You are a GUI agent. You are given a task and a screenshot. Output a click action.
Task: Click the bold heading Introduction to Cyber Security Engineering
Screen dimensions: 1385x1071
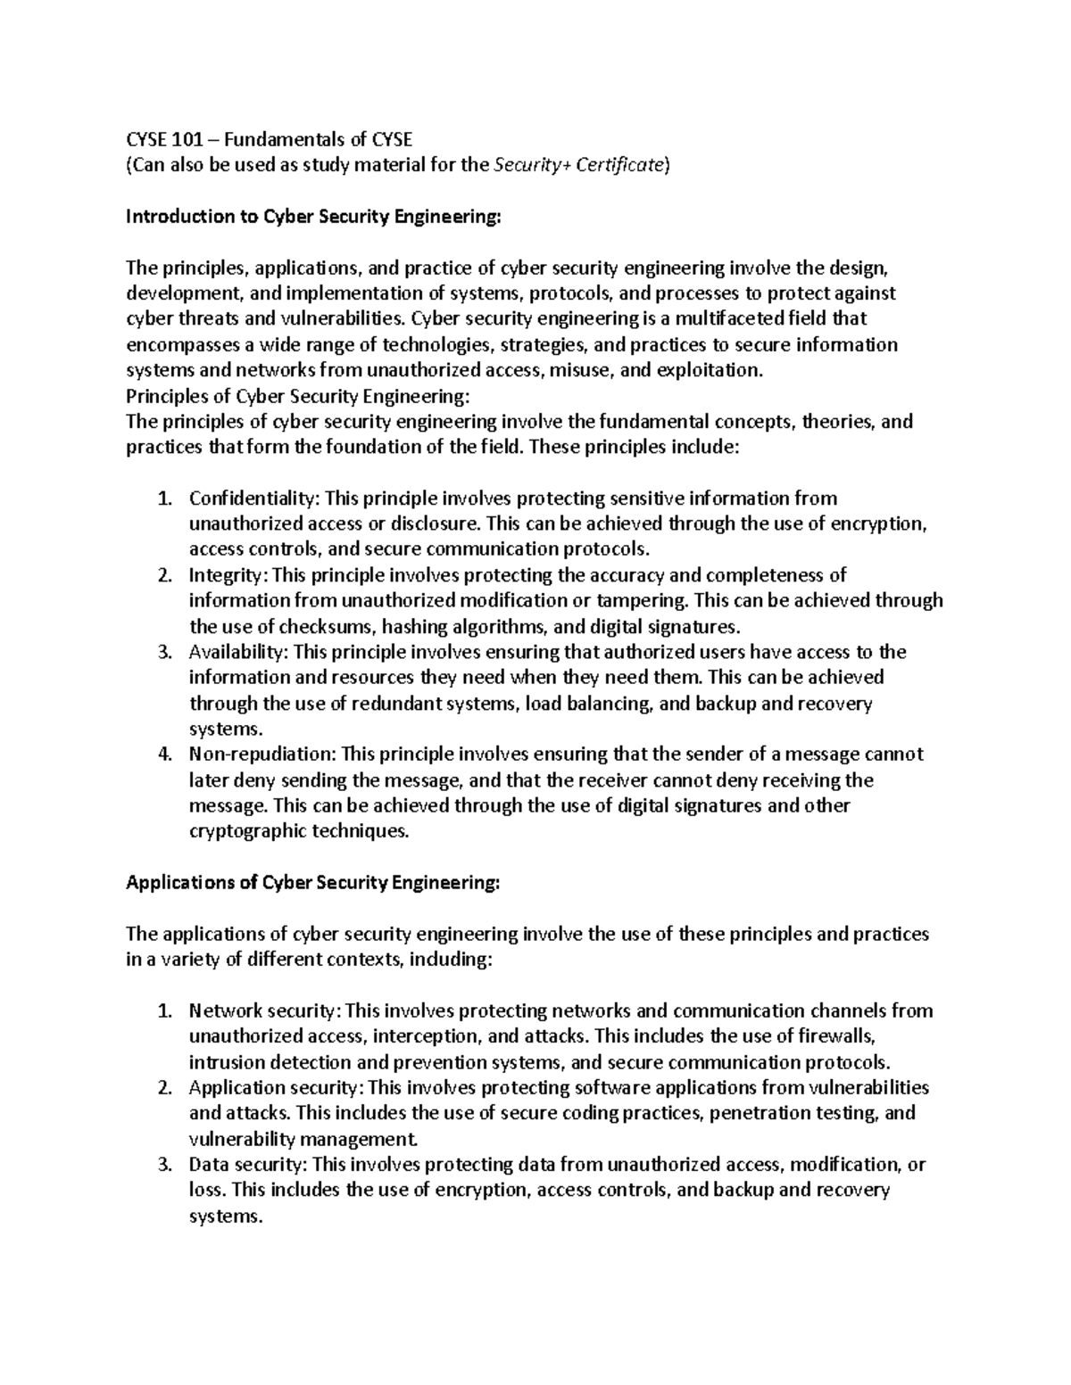[314, 216]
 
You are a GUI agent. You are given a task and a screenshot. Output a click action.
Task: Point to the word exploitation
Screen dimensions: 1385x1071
[710, 370]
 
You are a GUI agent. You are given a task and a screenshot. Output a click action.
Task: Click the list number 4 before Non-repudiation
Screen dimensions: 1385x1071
[162, 754]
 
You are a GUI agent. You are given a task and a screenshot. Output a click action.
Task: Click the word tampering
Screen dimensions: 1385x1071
[643, 600]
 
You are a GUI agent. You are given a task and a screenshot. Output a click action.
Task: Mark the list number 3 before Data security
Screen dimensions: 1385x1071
[162, 1165]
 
